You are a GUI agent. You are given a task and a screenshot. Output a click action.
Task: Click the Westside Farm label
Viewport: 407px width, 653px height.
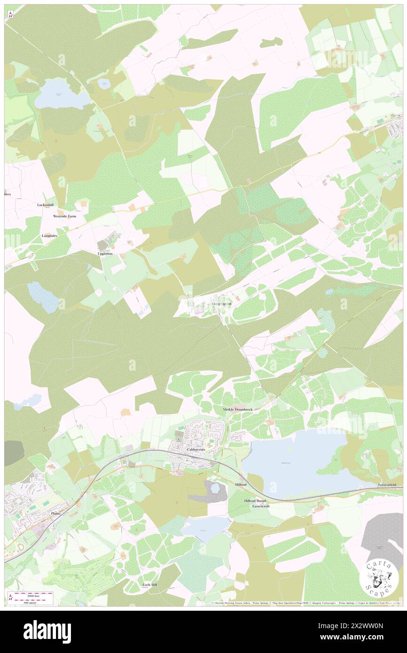tap(64, 217)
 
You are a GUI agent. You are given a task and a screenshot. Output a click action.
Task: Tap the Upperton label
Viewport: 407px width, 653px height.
tap(105, 254)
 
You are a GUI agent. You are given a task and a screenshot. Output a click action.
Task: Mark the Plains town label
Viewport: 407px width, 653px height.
tap(56, 514)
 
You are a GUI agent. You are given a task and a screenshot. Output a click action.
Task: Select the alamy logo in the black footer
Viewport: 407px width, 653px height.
tap(47, 631)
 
